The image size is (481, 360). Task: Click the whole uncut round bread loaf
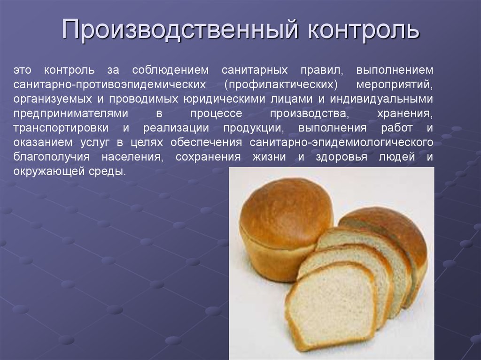(282, 225)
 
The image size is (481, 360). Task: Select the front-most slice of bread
(331, 307)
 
